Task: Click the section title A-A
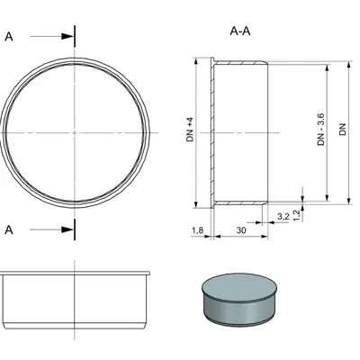click(x=240, y=31)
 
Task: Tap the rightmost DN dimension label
click(x=343, y=130)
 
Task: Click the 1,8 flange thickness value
click(x=198, y=232)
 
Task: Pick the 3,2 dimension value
click(x=283, y=217)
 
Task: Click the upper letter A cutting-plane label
click(x=9, y=37)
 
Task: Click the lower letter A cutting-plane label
click(x=9, y=229)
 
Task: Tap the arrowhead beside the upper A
click(x=67, y=37)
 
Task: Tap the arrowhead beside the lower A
click(x=67, y=229)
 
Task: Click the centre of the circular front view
click(x=75, y=132)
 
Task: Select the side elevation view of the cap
click(x=75, y=297)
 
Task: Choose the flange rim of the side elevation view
click(x=75, y=269)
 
